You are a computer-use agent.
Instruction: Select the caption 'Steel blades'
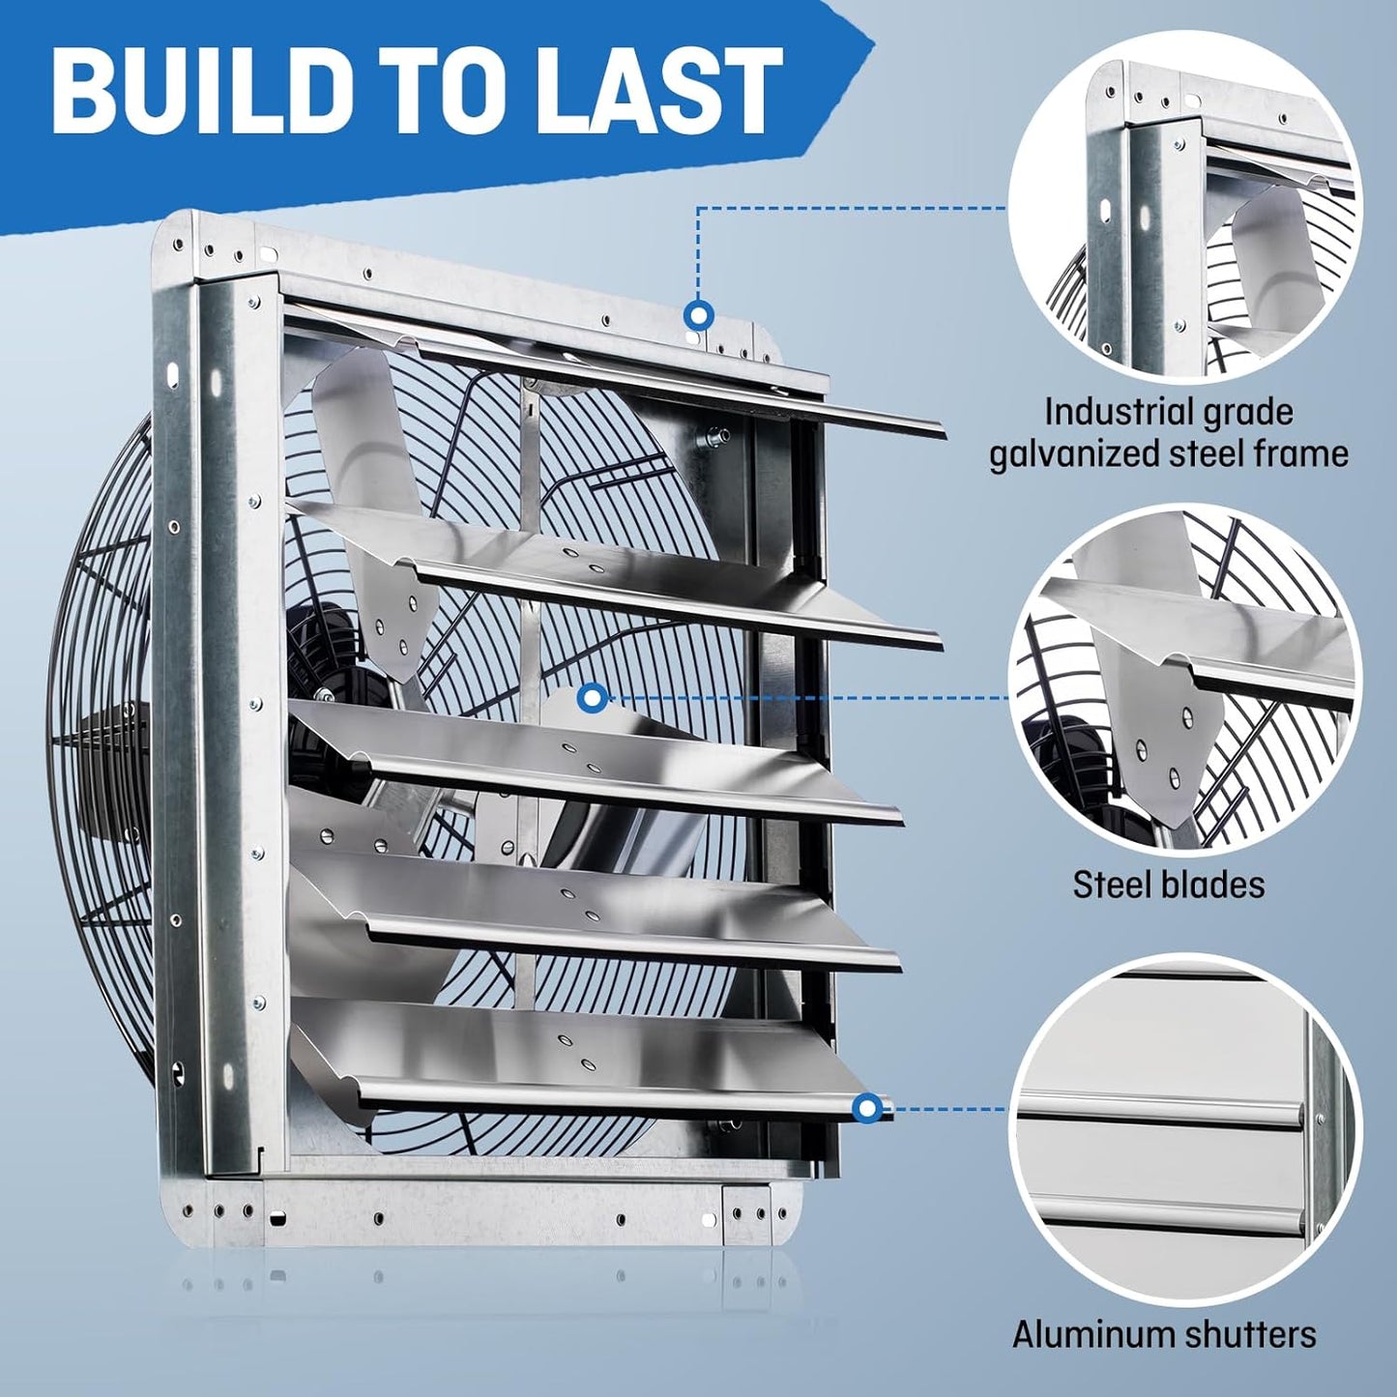[x=1168, y=885]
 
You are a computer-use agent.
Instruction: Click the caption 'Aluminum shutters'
[x=1164, y=1335]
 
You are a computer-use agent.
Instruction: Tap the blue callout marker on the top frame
[x=697, y=315]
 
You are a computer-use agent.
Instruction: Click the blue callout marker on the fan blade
[x=593, y=697]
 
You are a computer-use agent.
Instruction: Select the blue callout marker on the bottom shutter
[x=867, y=1108]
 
